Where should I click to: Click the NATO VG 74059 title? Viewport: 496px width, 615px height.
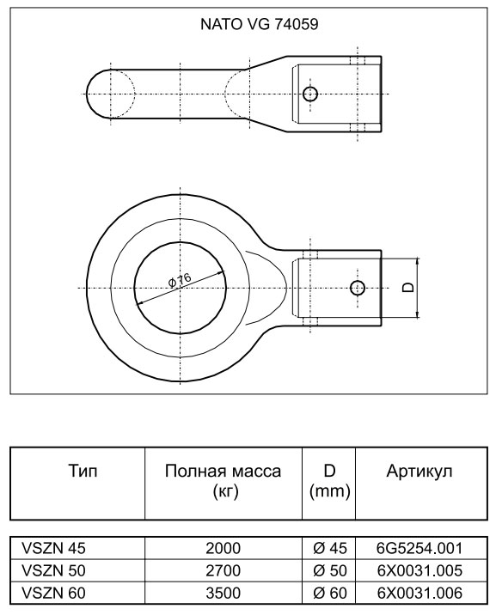coord(259,24)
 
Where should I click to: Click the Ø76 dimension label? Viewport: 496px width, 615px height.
coord(180,280)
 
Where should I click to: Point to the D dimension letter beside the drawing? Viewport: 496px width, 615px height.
coord(408,288)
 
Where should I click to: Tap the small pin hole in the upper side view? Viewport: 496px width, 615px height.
coord(310,94)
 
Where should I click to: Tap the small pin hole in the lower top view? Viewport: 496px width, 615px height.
coord(357,288)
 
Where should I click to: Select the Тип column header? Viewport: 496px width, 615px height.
coord(83,471)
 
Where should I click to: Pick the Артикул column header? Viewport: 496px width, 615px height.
coord(419,471)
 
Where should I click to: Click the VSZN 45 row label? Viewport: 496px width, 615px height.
coord(54,548)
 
